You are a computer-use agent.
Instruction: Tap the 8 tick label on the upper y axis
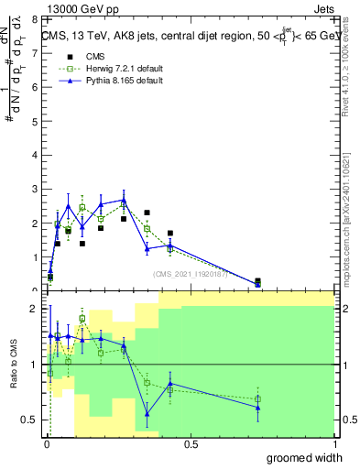point(35,19)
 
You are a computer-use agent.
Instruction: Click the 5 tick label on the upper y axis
point(35,121)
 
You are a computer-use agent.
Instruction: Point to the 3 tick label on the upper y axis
point(35,189)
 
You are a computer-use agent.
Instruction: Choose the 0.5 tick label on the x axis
point(191,444)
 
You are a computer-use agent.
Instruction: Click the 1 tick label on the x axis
point(333,444)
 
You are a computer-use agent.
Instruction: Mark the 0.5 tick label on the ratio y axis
point(33,420)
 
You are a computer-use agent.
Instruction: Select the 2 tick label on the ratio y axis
point(35,309)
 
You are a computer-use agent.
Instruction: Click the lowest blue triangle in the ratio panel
point(147,414)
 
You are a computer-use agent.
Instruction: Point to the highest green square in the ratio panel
point(82,320)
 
